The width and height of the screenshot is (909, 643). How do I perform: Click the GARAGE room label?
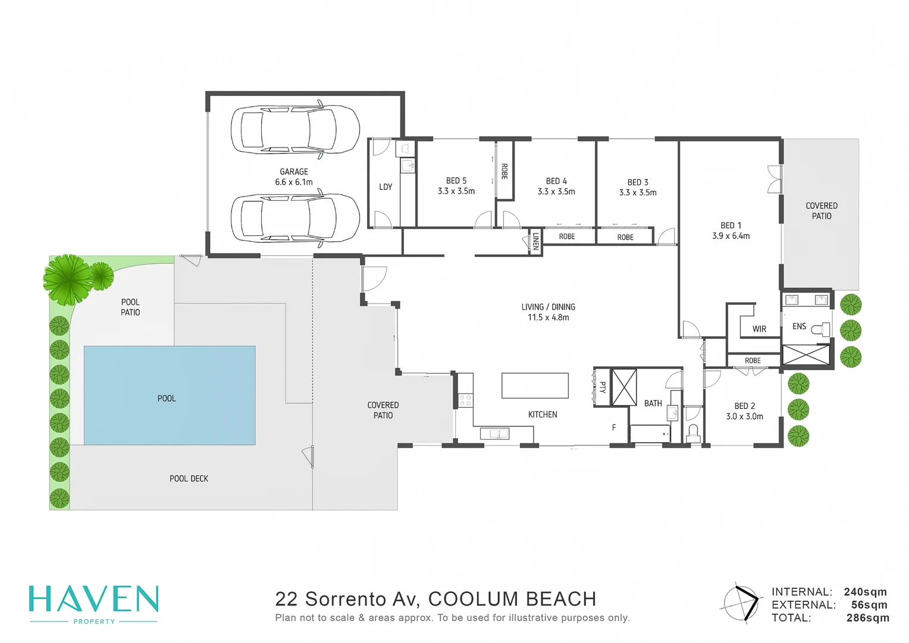coord(294,171)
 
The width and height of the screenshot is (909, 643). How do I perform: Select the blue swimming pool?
coord(170,395)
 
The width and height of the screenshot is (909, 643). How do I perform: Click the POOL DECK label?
coord(189,479)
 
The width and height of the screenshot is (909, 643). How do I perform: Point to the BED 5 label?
coord(456,180)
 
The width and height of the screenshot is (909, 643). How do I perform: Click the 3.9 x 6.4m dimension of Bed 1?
coord(731,236)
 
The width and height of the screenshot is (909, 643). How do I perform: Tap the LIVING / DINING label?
coord(548,307)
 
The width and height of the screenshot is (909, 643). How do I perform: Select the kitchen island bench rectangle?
coord(535,385)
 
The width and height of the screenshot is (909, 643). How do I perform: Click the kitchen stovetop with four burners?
coord(465,399)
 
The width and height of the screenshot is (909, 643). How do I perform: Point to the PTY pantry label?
coord(602,388)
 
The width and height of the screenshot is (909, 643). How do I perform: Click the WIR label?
coord(759,329)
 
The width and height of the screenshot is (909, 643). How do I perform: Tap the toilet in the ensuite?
coord(820,329)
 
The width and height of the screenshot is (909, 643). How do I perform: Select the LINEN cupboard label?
coord(535,241)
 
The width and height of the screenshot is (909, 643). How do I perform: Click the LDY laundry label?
coord(385,187)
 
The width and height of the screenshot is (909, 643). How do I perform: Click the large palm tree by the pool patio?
coord(67,279)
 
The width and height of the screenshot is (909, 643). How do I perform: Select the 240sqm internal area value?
coord(865,592)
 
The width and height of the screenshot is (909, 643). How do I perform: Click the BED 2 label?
coord(744,406)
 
